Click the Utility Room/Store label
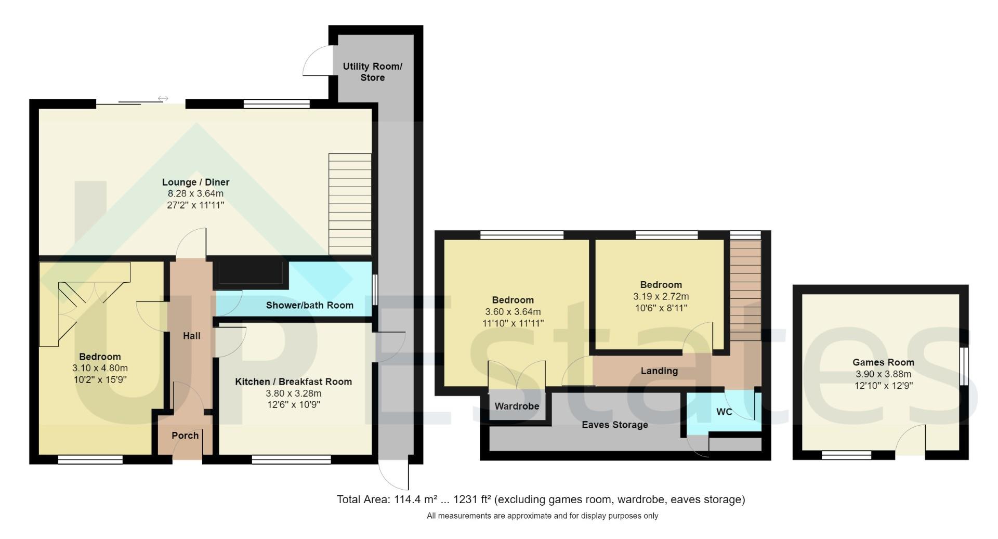click(372, 72)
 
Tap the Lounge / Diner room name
click(195, 182)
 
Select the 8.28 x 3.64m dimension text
click(195, 193)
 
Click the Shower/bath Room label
click(309, 305)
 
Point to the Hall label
click(191, 336)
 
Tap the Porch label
click(185, 436)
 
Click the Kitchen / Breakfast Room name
click(293, 382)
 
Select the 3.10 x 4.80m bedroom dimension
click(100, 368)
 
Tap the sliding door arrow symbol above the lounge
click(163, 98)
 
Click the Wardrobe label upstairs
click(516, 406)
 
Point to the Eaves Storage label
click(614, 425)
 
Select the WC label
click(724, 412)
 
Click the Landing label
click(659, 371)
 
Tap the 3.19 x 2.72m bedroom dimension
click(661, 296)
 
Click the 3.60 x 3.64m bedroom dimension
click(513, 312)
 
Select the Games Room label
click(883, 362)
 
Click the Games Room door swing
click(911, 440)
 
